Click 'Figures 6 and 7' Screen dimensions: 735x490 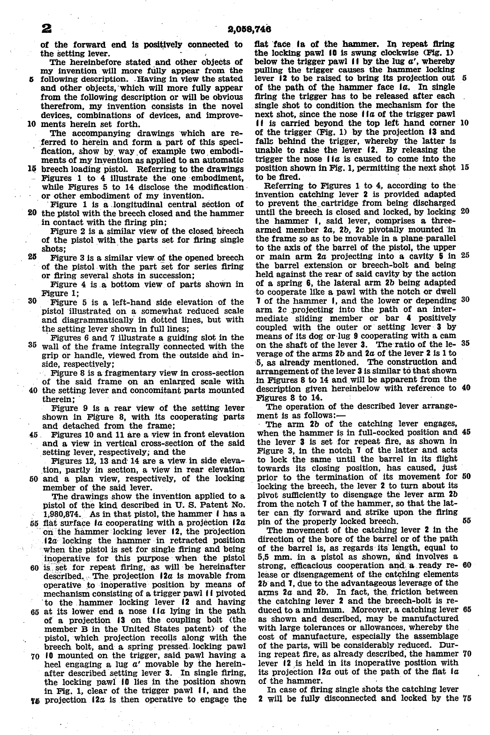(x=79, y=337)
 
